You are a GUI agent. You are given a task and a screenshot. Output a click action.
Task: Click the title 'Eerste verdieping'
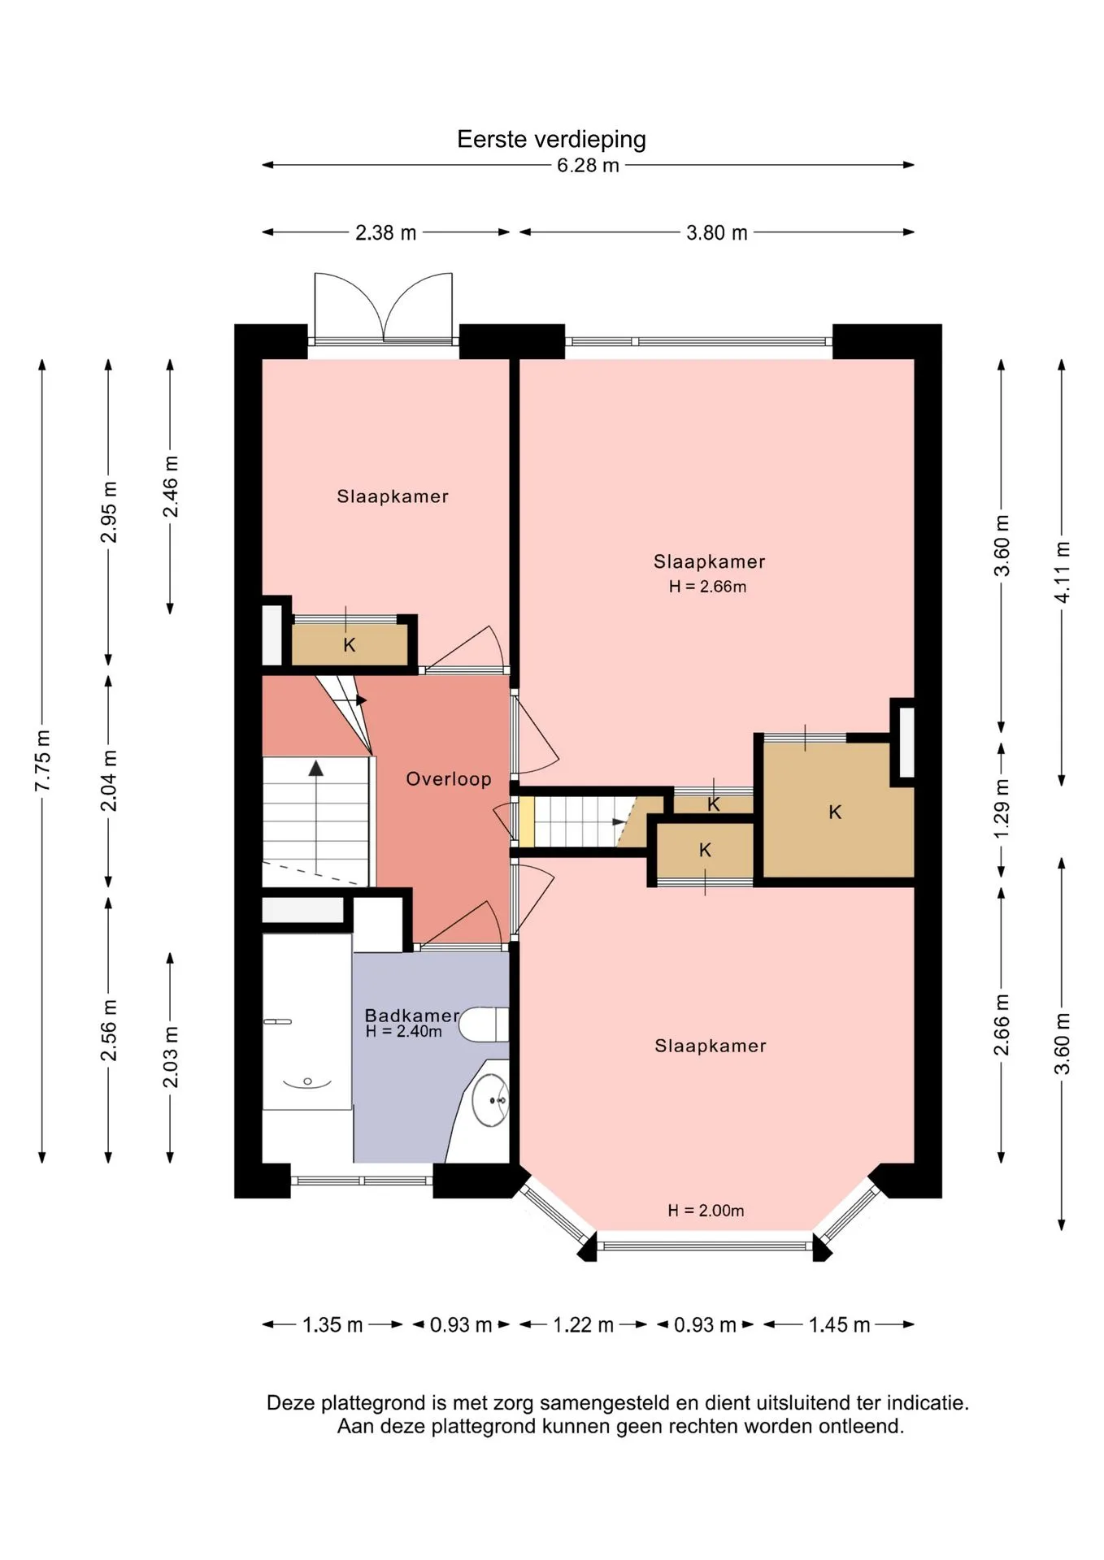pyautogui.click(x=551, y=140)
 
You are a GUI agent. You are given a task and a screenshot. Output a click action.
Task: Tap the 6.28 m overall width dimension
pyautogui.click(x=588, y=166)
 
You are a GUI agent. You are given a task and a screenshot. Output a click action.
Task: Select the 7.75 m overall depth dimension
pyautogui.click(x=42, y=760)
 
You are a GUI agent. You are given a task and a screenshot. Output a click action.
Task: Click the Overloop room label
pyautogui.click(x=449, y=779)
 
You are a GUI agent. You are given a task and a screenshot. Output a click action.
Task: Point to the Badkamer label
pyautogui.click(x=411, y=1016)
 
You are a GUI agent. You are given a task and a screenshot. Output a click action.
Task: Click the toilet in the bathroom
pyautogui.click(x=485, y=1025)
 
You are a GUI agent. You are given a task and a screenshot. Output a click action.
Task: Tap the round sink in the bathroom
pyautogui.click(x=490, y=1100)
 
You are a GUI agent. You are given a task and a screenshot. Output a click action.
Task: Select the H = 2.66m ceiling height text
pyautogui.click(x=707, y=587)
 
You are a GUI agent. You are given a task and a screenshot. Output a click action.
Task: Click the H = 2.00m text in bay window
pyautogui.click(x=706, y=1211)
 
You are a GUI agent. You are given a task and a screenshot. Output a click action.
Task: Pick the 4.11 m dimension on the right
pyautogui.click(x=1062, y=572)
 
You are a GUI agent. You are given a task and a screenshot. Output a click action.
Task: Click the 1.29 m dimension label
pyautogui.click(x=1002, y=809)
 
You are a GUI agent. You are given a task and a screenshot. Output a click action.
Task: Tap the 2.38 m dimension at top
pyautogui.click(x=385, y=233)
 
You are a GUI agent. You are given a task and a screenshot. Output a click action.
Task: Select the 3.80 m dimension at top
pyautogui.click(x=716, y=233)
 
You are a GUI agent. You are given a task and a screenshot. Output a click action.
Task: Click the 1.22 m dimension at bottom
pyautogui.click(x=583, y=1325)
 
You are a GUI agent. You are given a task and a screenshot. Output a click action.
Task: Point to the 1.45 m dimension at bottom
pyautogui.click(x=839, y=1325)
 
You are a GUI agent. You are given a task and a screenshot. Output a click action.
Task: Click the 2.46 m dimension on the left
pyautogui.click(x=171, y=486)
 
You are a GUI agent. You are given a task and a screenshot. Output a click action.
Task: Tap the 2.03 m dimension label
pyautogui.click(x=171, y=1056)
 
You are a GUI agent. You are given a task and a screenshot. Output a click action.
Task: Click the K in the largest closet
pyautogui.click(x=835, y=812)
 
